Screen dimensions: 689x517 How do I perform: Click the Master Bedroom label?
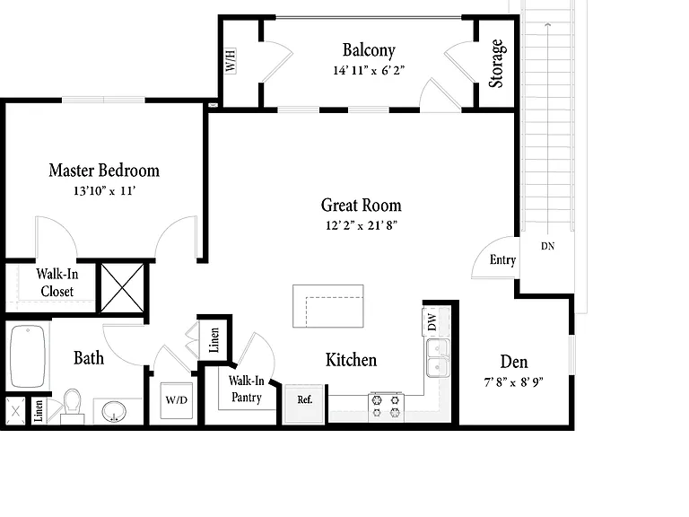104,171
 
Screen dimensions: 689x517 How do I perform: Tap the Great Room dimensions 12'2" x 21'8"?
362,225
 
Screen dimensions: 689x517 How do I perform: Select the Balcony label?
369,50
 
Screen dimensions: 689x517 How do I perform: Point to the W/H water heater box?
231,61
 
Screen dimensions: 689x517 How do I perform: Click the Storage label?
496,64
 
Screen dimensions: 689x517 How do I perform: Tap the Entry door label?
502,259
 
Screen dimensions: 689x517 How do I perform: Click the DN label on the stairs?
547,246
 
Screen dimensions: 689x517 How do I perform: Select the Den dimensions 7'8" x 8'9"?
514,382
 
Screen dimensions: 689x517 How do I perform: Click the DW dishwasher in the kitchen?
432,322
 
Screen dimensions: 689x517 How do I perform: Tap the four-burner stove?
386,407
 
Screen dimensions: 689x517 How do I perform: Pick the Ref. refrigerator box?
305,404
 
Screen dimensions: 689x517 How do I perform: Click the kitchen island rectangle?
328,306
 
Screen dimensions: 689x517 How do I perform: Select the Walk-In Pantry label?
247,389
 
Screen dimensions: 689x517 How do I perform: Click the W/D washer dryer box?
176,400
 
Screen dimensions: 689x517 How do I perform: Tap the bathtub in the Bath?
28,356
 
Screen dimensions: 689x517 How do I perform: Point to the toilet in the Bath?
73,406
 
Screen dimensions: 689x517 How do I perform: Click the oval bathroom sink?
114,412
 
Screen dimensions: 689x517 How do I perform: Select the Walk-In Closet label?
57,283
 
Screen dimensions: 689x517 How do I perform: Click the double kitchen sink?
438,358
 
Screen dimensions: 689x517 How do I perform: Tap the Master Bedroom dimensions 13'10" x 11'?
104,191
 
